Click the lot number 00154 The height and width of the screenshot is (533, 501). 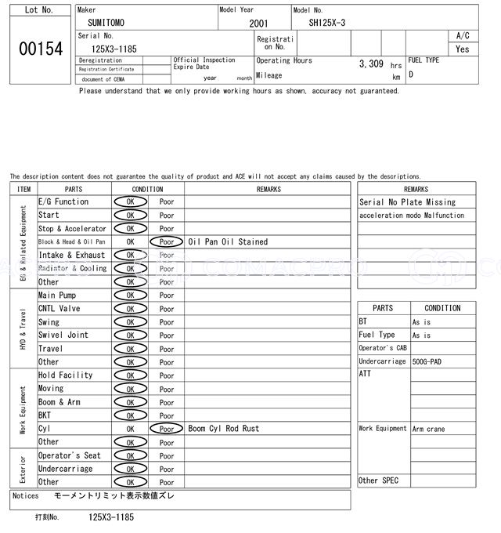pyautogui.click(x=41, y=49)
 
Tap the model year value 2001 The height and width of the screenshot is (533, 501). pyautogui.click(x=258, y=24)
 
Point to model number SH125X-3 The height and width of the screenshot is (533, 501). pyautogui.click(x=326, y=23)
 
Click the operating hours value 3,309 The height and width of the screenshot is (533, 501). pyautogui.click(x=370, y=63)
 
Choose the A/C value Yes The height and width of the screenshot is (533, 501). pyautogui.click(x=463, y=49)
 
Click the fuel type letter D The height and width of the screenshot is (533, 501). pyautogui.click(x=411, y=74)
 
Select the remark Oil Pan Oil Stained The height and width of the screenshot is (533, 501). pyautogui.click(x=228, y=242)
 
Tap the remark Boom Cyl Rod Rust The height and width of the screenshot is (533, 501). pyautogui.click(x=223, y=429)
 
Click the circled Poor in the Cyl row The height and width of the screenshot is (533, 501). pyautogui.click(x=167, y=429)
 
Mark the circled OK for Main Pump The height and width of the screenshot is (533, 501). pyautogui.click(x=130, y=296)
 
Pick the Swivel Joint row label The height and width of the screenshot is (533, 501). pyautogui.click(x=63, y=335)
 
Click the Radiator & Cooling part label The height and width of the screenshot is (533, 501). pyautogui.click(x=73, y=269)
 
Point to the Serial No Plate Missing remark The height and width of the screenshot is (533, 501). pyautogui.click(x=407, y=202)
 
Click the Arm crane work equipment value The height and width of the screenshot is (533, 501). pyautogui.click(x=430, y=429)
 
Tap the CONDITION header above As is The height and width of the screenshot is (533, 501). pyautogui.click(x=442, y=308)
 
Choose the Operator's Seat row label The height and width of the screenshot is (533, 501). pyautogui.click(x=70, y=455)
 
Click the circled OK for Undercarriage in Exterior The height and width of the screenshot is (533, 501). pyautogui.click(x=130, y=469)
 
